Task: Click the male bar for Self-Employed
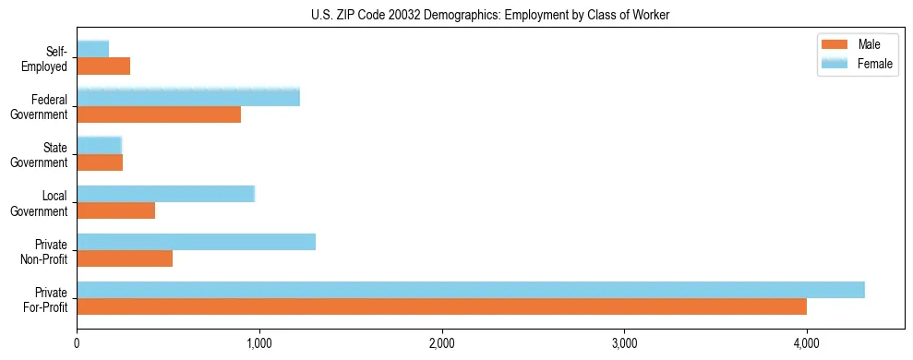coord(103,66)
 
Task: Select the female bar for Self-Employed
coord(92,49)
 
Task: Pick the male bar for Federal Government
coord(159,114)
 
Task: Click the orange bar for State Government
coord(100,162)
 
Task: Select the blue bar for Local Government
coord(165,194)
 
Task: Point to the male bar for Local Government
coord(115,210)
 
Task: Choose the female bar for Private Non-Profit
coord(196,242)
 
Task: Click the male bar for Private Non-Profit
coord(125,258)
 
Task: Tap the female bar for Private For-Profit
coord(471,290)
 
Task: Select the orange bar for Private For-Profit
coord(441,306)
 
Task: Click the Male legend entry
coord(857,44)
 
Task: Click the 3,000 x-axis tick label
coord(624,344)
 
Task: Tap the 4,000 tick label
coord(807,344)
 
